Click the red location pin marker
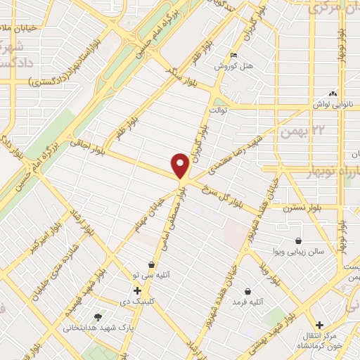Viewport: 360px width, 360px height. [180, 165]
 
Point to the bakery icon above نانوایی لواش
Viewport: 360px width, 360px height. [333, 93]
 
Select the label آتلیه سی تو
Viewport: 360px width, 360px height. [150, 275]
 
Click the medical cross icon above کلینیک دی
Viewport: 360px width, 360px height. [137, 290]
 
